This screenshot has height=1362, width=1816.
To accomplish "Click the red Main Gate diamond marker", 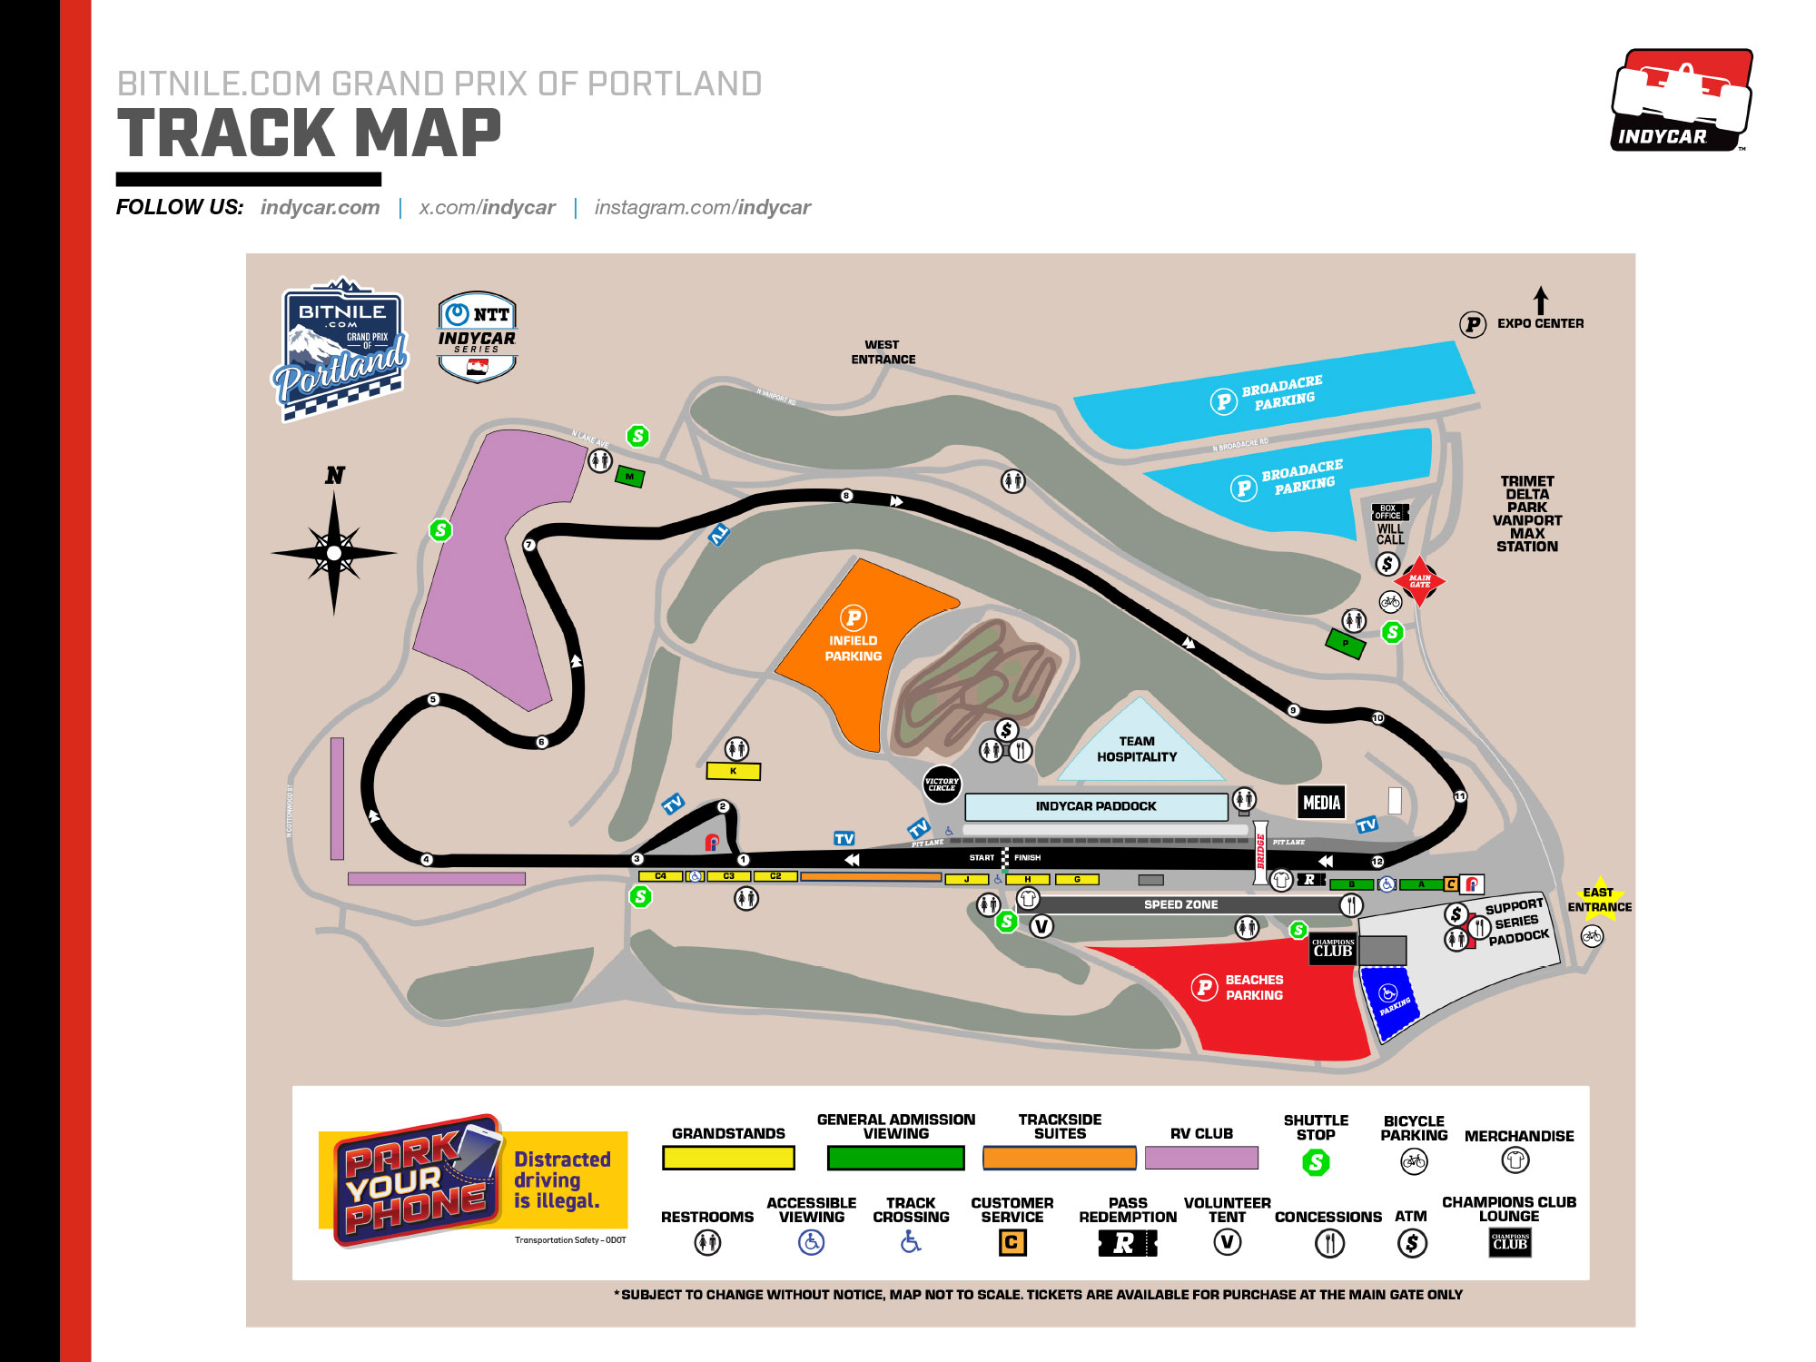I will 1419,581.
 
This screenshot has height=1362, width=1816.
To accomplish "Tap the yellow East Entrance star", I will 1599,899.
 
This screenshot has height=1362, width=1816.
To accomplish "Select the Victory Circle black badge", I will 942,784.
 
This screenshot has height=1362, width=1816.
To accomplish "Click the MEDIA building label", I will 1321,802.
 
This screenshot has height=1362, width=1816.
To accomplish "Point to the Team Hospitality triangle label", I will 1137,749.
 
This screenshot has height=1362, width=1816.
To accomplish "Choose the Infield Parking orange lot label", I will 853,647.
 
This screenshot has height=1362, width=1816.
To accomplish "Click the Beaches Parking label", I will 1254,987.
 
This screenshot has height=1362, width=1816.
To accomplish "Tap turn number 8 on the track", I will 846,496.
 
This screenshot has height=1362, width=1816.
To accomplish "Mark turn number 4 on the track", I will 426,859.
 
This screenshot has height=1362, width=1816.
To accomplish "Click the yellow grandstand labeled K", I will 734,771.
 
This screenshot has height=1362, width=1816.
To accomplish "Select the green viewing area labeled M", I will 629,477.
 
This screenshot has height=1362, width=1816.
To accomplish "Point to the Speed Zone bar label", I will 1180,904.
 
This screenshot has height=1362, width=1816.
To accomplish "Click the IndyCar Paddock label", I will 1096,806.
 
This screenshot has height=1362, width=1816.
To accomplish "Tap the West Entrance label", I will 883,352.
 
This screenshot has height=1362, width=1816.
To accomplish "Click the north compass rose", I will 334,552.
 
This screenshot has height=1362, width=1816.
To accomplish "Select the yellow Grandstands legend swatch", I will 728,1158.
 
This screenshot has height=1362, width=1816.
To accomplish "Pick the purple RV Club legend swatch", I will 1201,1158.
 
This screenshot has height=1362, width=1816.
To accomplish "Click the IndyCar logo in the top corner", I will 1682,100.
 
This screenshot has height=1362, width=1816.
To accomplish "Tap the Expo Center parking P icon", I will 1472,324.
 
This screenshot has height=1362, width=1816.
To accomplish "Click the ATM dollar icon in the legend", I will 1411,1243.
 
